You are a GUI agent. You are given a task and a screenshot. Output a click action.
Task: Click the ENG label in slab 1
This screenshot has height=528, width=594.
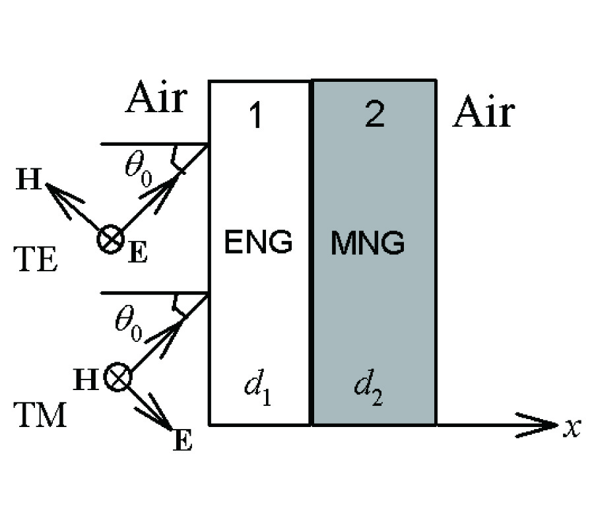point(258,242)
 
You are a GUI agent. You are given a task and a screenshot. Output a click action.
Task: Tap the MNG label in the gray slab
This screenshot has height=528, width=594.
point(367,244)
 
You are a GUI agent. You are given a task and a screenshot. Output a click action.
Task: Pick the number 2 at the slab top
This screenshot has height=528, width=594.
point(374,115)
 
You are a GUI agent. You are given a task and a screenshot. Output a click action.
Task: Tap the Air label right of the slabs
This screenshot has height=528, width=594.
point(482,114)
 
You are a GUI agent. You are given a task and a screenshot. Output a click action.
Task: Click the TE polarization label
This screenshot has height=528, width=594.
point(35,260)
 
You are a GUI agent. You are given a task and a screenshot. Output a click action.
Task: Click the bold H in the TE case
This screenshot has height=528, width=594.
point(28,181)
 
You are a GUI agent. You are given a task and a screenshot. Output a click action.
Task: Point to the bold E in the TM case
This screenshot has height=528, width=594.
point(183,440)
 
